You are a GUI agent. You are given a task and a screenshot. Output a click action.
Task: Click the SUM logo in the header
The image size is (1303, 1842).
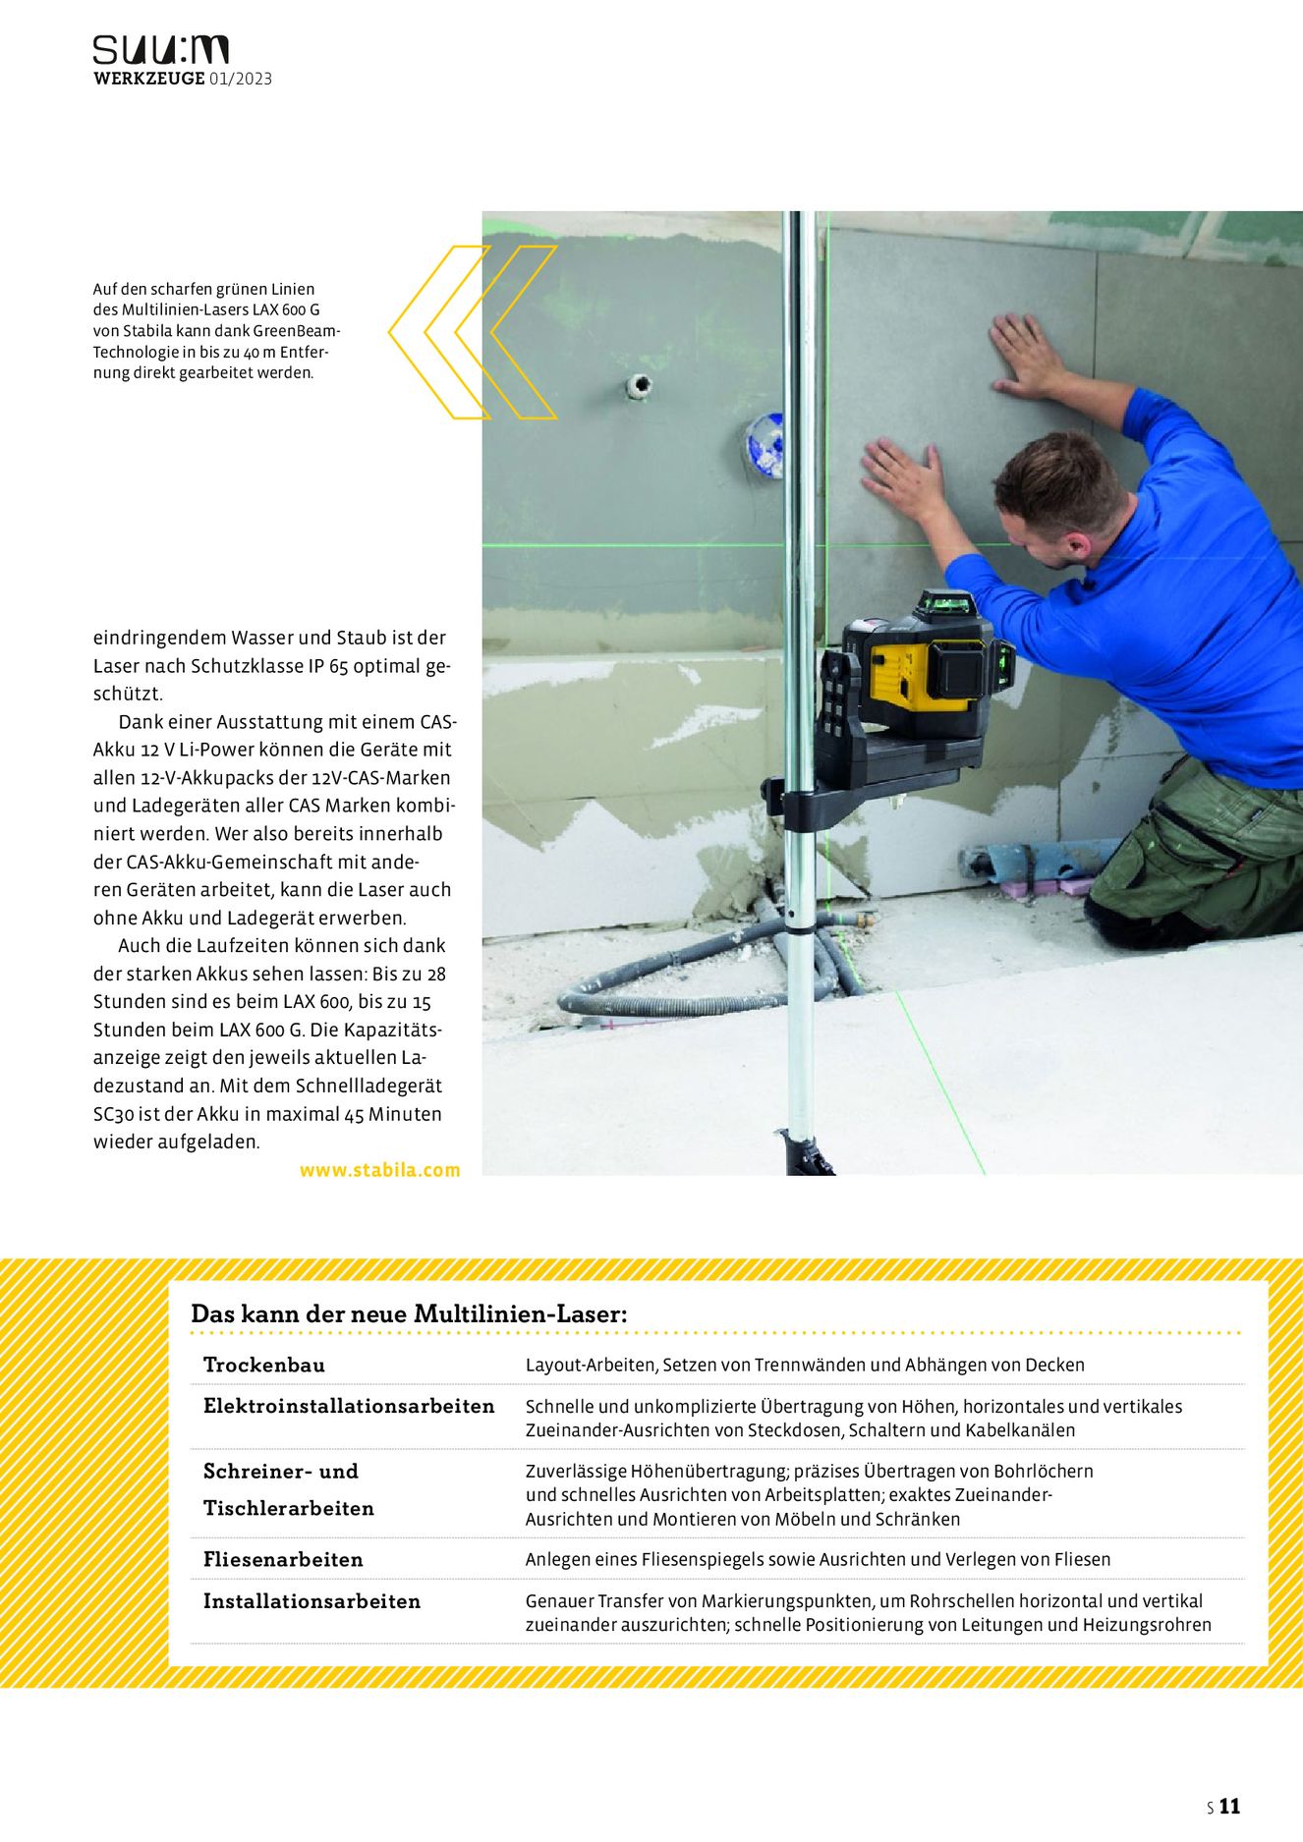pyautogui.click(x=160, y=50)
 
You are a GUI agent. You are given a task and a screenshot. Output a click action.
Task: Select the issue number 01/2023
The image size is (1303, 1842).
pyautogui.click(x=240, y=79)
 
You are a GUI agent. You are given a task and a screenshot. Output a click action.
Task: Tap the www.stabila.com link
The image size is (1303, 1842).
pyautogui.click(x=379, y=1170)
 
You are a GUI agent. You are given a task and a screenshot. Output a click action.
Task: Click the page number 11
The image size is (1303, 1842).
pyautogui.click(x=1230, y=1806)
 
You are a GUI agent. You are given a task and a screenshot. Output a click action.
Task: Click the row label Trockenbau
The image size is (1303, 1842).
pyautogui.click(x=263, y=1365)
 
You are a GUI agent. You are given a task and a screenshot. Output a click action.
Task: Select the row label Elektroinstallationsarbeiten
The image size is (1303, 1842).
pyautogui.click(x=349, y=1406)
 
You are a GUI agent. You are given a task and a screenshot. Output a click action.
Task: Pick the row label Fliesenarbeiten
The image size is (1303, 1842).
pyautogui.click(x=283, y=1559)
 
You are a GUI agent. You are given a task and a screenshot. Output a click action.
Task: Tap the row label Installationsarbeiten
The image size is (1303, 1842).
pyautogui.click(x=312, y=1601)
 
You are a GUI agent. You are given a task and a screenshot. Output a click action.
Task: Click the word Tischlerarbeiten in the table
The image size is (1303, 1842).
pyautogui.click(x=288, y=1508)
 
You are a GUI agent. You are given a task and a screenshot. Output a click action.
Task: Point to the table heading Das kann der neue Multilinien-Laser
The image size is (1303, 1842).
pyautogui.click(x=409, y=1313)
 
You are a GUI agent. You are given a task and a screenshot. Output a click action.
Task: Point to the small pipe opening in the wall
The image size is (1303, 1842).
pyautogui.click(x=640, y=386)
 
